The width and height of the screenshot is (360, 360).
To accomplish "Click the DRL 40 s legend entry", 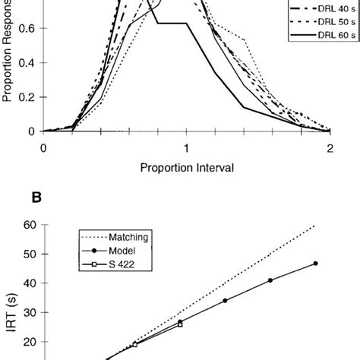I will [311, 10].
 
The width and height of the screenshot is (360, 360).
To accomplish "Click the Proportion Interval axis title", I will [185, 166].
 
